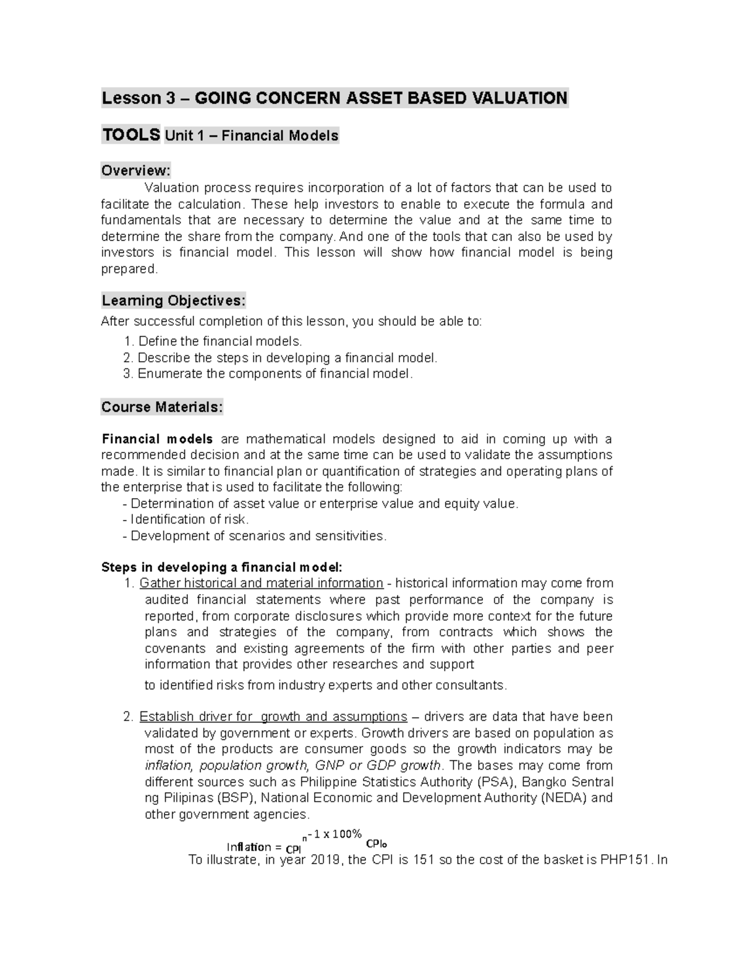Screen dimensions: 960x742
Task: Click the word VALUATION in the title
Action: [x=519, y=98]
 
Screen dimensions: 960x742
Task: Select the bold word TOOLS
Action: [x=131, y=135]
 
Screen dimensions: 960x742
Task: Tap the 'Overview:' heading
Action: [x=135, y=170]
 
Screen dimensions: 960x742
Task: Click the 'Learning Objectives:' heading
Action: [x=173, y=300]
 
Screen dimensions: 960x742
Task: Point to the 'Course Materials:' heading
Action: [x=162, y=407]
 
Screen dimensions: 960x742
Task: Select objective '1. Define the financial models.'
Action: [x=213, y=341]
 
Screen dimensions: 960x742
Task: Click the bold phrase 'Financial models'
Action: [x=157, y=439]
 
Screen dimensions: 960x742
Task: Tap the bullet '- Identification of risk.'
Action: [x=186, y=519]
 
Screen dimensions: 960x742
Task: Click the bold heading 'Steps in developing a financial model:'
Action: [x=221, y=567]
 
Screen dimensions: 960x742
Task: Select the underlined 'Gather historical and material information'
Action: [x=262, y=583]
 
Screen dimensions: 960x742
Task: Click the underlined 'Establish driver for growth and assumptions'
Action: [x=273, y=716]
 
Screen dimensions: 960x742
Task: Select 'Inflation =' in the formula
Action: [x=254, y=847]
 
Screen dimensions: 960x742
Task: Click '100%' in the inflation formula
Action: [x=347, y=834]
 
